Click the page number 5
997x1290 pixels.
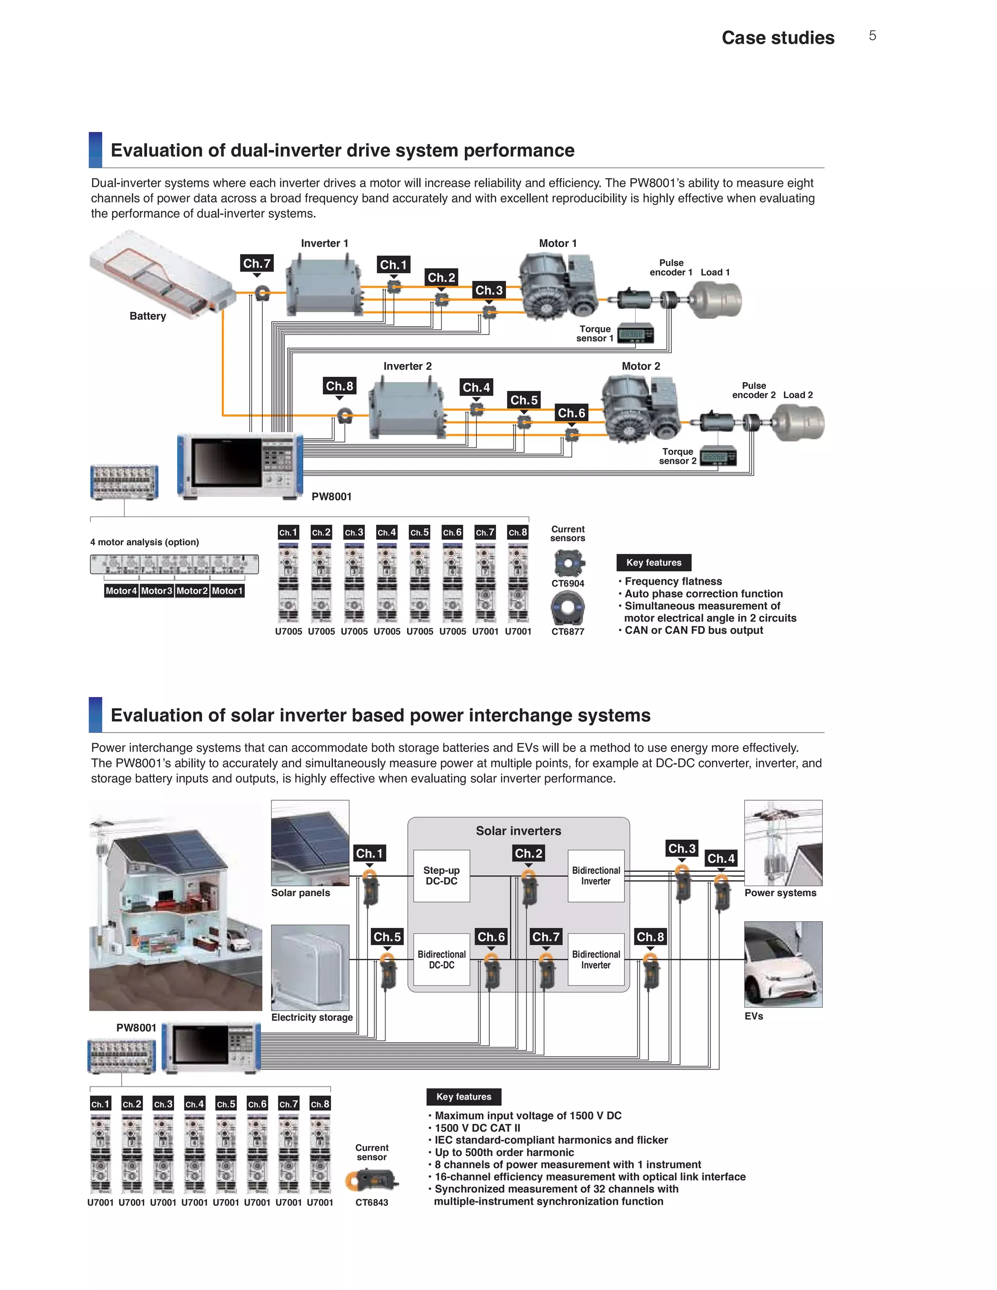[x=872, y=36]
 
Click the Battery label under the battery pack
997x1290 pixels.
[x=148, y=316]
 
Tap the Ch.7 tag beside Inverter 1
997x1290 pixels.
[x=257, y=263]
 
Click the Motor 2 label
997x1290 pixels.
[x=641, y=366]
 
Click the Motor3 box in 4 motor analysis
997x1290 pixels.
[x=157, y=590]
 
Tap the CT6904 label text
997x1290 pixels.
[x=568, y=584]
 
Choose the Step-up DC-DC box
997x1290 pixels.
[x=442, y=875]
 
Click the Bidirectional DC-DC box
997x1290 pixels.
[x=442, y=959]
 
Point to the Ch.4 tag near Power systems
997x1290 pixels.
[x=720, y=858]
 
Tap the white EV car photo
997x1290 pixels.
[x=783, y=964]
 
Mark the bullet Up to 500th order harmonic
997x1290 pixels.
[x=504, y=1152]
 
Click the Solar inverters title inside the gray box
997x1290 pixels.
[x=518, y=831]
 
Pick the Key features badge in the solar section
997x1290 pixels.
[x=463, y=1097]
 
